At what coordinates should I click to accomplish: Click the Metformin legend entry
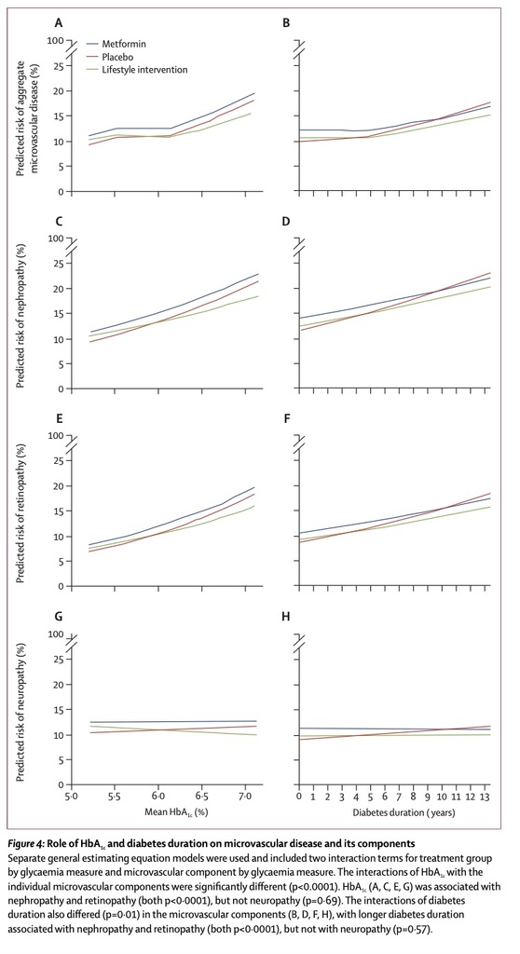coord(116,45)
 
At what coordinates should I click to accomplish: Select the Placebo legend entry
coord(111,57)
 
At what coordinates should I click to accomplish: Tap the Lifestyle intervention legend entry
coord(136,70)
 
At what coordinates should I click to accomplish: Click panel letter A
coord(59,23)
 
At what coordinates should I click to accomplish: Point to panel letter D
coord(286,221)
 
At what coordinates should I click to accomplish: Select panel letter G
coord(59,617)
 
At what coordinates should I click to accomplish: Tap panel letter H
coord(286,617)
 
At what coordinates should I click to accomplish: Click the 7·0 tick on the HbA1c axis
coord(245,797)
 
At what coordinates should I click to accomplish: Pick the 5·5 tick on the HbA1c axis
coord(115,797)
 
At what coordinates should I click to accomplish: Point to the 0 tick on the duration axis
coord(299,797)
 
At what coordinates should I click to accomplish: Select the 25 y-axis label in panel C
coord(59,264)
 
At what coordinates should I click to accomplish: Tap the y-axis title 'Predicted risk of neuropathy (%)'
coord(21,706)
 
